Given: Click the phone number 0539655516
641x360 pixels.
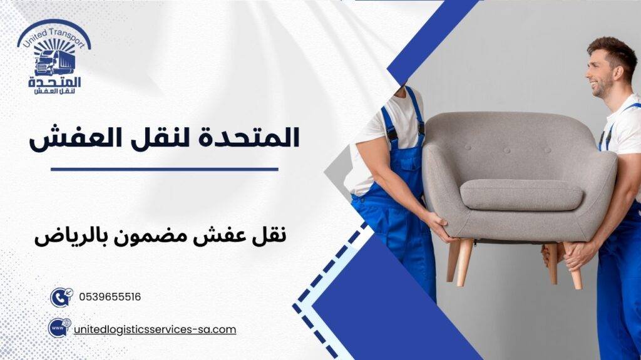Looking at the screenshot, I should [110, 297].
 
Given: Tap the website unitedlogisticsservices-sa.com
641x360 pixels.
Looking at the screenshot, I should [155, 329].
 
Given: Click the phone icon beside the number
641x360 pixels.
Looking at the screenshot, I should [61, 297].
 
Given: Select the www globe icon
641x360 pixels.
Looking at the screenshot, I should [59, 328].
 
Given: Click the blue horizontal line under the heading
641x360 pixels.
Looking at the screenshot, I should [164, 169].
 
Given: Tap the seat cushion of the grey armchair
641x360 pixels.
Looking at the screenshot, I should [521, 195].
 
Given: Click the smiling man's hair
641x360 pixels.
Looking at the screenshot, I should [613, 49].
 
